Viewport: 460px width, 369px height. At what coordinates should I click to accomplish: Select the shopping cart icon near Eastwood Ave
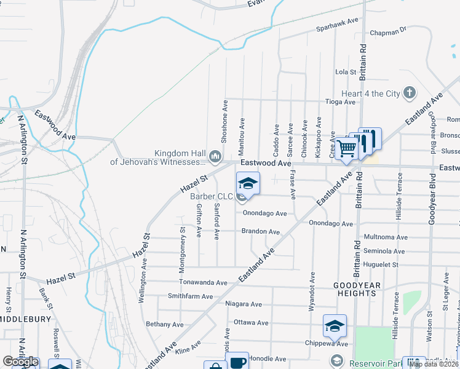point(347,148)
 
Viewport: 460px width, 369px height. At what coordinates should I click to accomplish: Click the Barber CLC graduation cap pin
point(248,183)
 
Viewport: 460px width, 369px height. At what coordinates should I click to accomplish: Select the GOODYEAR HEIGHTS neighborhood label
point(363,289)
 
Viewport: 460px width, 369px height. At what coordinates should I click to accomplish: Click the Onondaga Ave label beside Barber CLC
point(264,213)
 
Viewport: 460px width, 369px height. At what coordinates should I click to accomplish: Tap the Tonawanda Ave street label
point(203,282)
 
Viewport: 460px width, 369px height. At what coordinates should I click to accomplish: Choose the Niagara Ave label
point(244,304)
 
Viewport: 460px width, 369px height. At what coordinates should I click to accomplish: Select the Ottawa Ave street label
point(251,322)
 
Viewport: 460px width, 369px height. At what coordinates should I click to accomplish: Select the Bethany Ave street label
point(164,324)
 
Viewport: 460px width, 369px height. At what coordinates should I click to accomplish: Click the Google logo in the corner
point(20,362)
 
